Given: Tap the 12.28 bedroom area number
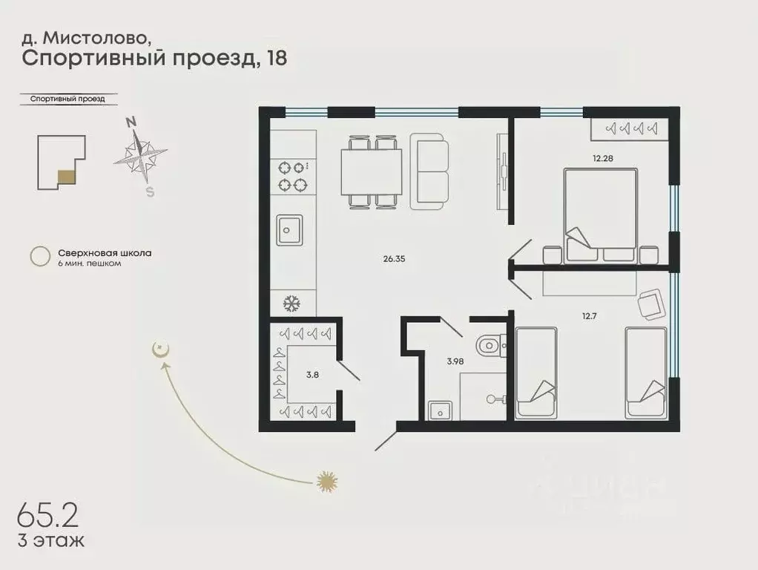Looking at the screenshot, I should click(602, 158).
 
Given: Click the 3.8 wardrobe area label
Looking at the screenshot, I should click(312, 374).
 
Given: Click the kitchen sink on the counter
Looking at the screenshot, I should click(289, 229).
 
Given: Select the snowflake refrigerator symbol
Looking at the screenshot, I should click(290, 303).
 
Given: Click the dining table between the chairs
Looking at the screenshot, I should click(371, 171).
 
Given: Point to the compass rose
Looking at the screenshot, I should click(140, 157).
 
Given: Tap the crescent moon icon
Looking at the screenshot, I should click(158, 350).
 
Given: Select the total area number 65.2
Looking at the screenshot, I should click(47, 514).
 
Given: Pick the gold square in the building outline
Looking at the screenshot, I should click(66, 177).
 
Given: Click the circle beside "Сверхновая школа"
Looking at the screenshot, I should click(39, 257).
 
